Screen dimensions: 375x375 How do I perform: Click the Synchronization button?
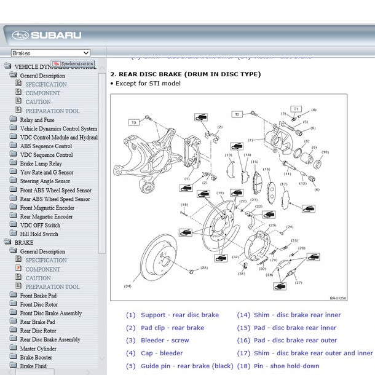point(73,63)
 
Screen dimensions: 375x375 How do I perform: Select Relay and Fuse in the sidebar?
point(37,120)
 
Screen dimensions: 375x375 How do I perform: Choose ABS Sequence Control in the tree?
point(45,146)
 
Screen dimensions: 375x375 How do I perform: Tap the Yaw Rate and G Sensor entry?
point(46,173)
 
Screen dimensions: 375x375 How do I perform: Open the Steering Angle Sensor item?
point(45,181)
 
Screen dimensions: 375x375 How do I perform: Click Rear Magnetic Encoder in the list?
point(46,216)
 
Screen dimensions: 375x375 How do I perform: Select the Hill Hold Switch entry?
point(39,234)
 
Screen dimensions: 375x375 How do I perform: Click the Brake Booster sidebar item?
point(36,357)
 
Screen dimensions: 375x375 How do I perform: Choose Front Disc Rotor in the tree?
point(39,304)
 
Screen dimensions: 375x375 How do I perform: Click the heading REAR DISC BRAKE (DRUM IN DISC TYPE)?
point(185,74)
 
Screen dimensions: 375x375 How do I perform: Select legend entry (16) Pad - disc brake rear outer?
point(286,340)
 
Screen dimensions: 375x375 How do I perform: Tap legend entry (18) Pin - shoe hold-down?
point(278,366)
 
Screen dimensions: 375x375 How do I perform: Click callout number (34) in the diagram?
point(127,286)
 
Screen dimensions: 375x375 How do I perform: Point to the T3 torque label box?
point(133,122)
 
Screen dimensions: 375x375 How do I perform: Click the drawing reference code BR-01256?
point(337,298)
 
